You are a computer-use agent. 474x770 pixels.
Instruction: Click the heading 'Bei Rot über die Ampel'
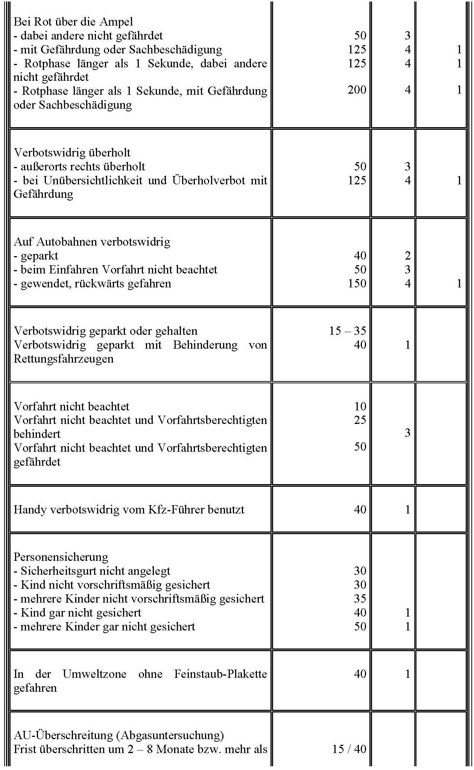click(73, 22)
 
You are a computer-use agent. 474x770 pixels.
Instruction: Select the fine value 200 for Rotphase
click(357, 90)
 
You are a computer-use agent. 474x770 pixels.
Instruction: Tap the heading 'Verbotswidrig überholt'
click(72, 153)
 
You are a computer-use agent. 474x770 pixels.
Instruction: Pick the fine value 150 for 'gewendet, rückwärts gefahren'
click(357, 283)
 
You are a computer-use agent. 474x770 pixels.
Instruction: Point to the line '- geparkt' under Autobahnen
click(36, 256)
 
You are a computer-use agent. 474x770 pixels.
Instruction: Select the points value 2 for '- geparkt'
click(407, 256)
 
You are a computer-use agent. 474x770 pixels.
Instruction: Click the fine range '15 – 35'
click(347, 331)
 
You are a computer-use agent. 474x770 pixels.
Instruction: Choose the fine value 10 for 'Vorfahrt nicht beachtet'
click(360, 406)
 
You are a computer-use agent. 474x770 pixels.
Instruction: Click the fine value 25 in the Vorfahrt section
click(360, 420)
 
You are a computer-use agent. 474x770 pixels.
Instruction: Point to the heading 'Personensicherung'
click(61, 557)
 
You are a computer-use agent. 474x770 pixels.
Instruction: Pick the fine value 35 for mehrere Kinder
click(360, 598)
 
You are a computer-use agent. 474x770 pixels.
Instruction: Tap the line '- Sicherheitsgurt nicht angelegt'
click(92, 571)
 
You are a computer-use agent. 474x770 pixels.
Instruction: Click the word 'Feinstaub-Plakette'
click(220, 674)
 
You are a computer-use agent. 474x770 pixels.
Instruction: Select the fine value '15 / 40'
click(349, 749)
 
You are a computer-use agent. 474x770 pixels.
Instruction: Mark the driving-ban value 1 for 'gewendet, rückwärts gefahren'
click(459, 283)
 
